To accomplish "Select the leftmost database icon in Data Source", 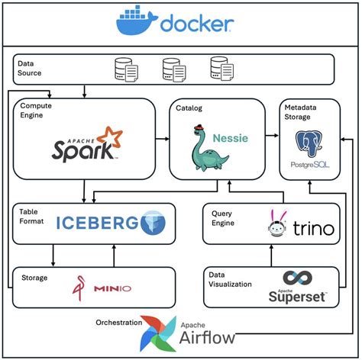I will [x=125, y=70].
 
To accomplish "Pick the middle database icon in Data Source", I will [x=173, y=70].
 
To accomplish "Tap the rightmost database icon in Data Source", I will [x=221, y=70].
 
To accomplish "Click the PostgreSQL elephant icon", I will [x=310, y=144].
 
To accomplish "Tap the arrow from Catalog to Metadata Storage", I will [x=270, y=138].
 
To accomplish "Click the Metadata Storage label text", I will [x=302, y=112].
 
